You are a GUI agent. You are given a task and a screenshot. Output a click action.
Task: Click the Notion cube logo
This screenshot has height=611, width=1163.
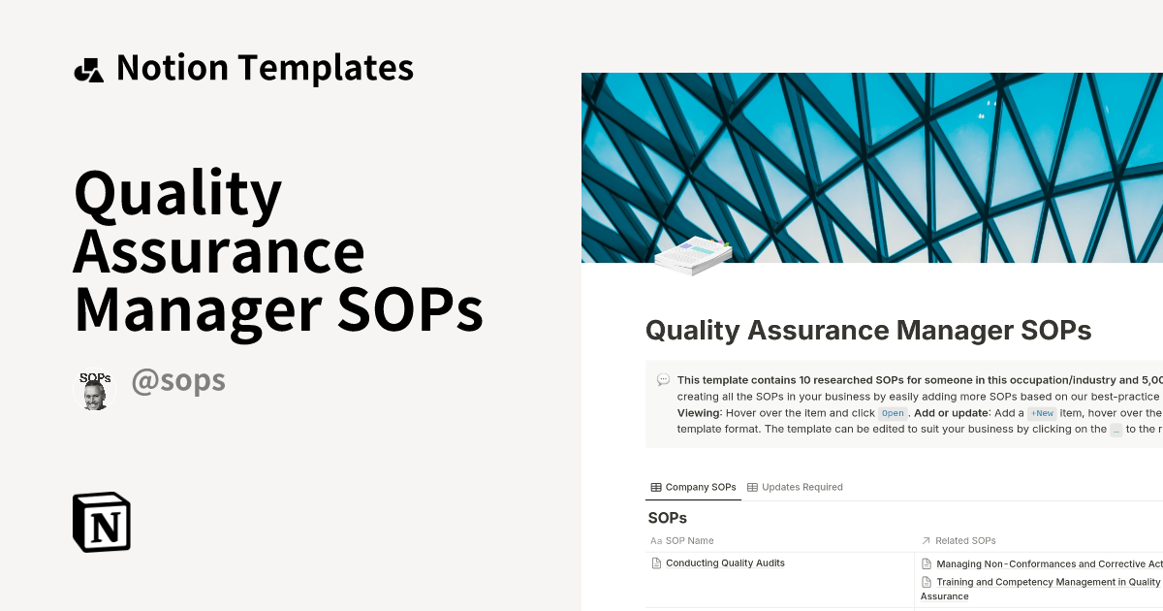point(102,523)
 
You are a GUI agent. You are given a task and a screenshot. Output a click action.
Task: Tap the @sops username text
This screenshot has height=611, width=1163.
point(178,381)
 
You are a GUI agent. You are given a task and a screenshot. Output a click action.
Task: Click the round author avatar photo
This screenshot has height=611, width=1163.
point(94,390)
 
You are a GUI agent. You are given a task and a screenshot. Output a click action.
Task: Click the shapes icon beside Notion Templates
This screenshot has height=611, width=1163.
point(88,70)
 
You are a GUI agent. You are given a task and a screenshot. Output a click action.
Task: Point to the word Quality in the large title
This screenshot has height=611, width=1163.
point(177,194)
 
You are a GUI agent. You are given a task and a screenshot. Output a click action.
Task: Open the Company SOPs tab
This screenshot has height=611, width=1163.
point(693,487)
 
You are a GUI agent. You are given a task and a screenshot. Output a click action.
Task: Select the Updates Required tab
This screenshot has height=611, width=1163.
point(795,487)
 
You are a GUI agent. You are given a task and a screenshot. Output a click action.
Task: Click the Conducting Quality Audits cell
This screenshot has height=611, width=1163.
point(725,563)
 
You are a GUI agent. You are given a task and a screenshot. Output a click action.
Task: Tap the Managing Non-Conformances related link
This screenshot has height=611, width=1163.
point(1047,563)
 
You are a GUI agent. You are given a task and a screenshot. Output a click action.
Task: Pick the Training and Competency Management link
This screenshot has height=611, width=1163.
point(1047,583)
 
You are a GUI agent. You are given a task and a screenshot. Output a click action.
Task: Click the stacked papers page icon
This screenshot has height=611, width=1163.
point(692,256)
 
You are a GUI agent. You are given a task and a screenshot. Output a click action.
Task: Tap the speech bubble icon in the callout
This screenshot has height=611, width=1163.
point(663,380)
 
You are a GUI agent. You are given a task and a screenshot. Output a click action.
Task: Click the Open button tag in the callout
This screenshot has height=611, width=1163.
point(893,413)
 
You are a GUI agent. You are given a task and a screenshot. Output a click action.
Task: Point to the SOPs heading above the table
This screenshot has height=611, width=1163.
point(667,518)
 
